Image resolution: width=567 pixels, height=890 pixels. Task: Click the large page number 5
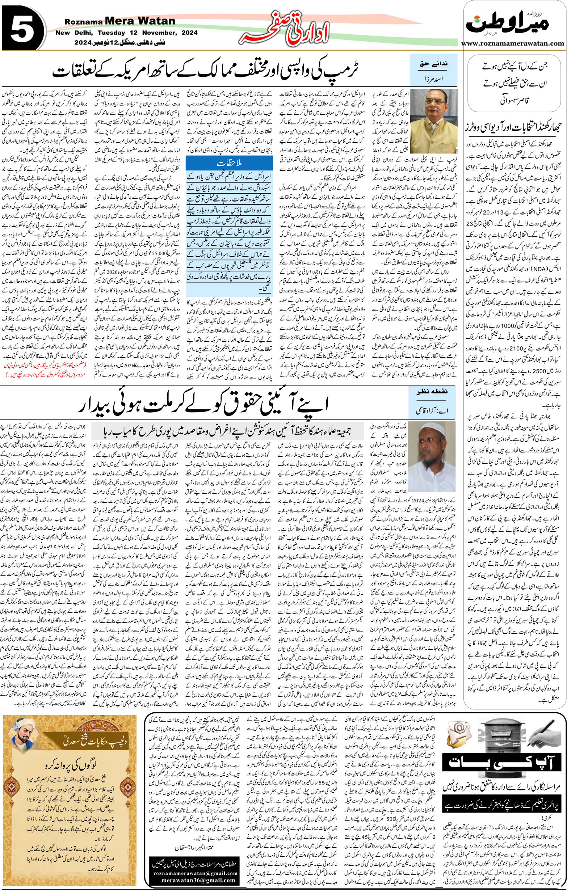23,32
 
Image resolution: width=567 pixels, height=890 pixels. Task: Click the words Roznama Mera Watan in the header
120,22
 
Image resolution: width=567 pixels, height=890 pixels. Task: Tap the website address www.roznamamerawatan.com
514,43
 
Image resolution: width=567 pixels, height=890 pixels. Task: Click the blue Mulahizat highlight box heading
229,163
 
